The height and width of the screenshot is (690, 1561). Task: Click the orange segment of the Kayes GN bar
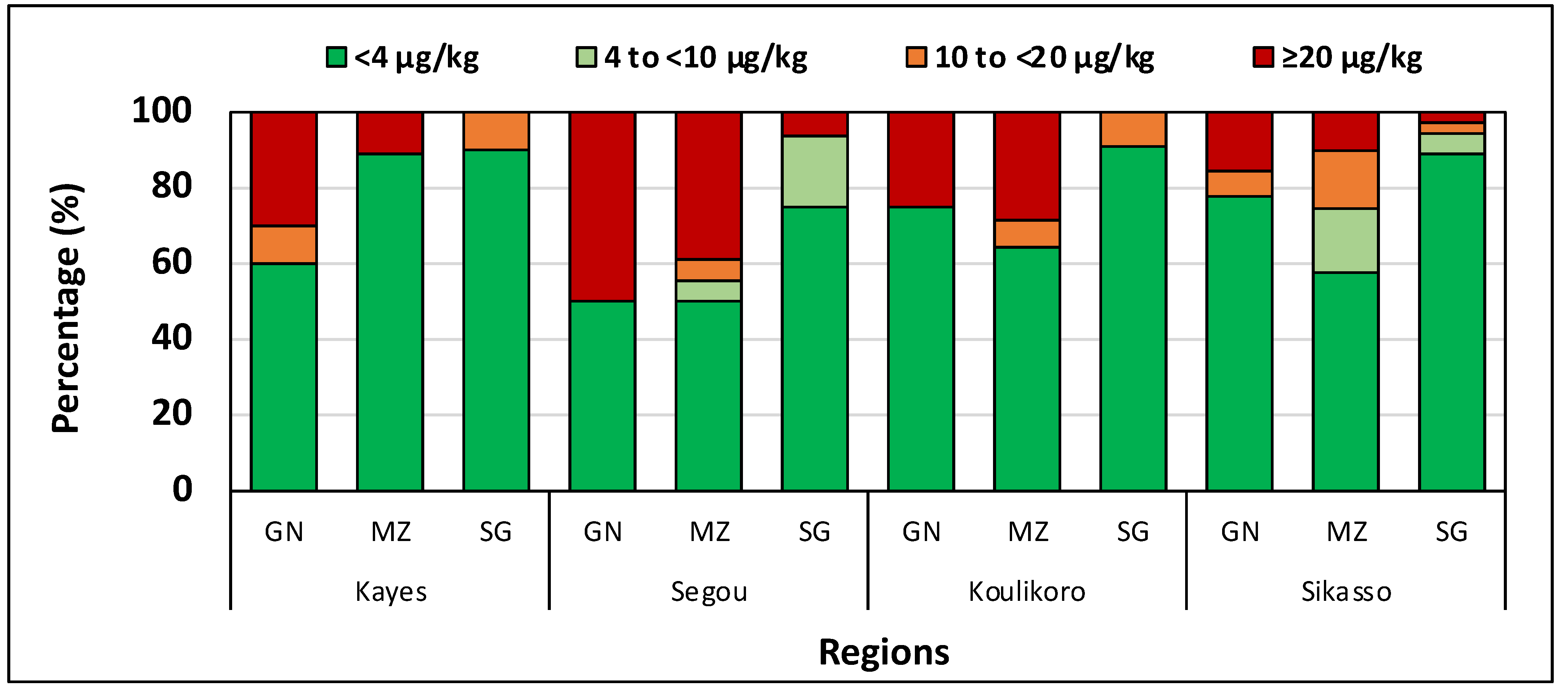284,245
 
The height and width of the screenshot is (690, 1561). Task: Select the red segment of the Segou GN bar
602,206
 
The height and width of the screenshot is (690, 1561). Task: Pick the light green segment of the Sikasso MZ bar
1345,240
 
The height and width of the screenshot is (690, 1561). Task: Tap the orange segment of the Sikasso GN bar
1239,184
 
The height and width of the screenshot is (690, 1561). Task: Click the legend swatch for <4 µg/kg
336,58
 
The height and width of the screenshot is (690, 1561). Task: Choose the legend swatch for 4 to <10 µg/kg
586,58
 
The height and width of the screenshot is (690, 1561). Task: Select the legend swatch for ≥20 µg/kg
1263,58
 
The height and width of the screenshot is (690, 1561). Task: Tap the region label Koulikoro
1027,592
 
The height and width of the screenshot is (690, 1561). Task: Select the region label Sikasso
1346,592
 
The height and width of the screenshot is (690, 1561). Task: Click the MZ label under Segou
709,532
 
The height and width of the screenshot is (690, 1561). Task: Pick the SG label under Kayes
496,532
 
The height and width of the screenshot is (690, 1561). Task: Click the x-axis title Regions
884,652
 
